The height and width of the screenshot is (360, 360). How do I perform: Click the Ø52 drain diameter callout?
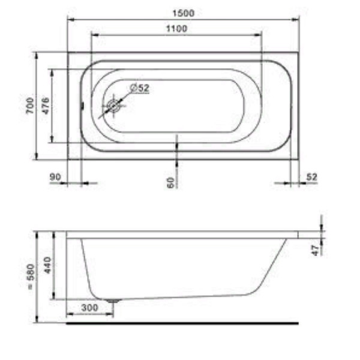(x=139, y=88)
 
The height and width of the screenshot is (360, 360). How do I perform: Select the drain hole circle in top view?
(x=113, y=106)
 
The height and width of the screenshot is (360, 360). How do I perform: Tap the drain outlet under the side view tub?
(x=112, y=300)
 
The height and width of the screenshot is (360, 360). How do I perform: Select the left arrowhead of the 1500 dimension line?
(x=70, y=19)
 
